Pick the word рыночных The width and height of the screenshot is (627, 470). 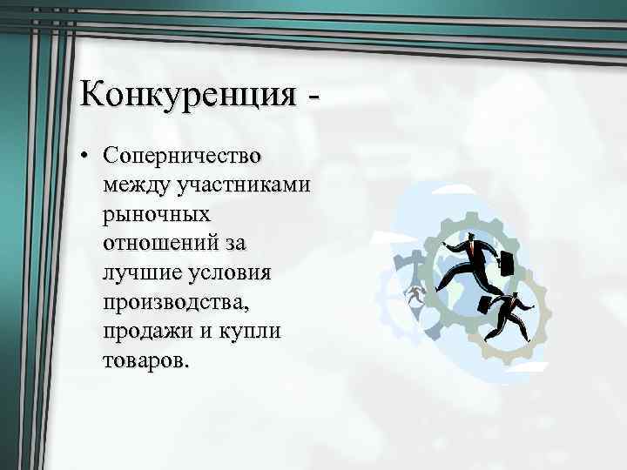[x=156, y=213]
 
